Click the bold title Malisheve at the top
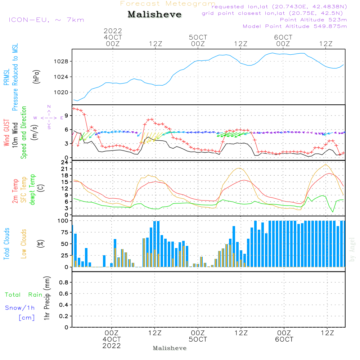click(x=154, y=14)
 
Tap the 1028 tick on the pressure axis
click(x=61, y=62)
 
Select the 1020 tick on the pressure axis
click(x=61, y=92)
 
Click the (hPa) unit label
click(x=36, y=77)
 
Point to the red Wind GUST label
click(x=6, y=133)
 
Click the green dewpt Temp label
click(x=32, y=189)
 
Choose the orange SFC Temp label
click(x=24, y=190)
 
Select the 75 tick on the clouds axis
click(x=64, y=232)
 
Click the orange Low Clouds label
click(x=24, y=244)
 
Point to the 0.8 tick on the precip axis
click(x=64, y=282)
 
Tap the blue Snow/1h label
click(x=20, y=308)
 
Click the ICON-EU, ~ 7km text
click(x=46, y=20)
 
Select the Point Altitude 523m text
click(x=314, y=20)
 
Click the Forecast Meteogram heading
click(x=168, y=4)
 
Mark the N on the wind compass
click(x=49, y=107)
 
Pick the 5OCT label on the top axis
click(x=198, y=37)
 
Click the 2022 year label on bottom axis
click(x=112, y=346)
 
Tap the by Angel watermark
click(x=352, y=249)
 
